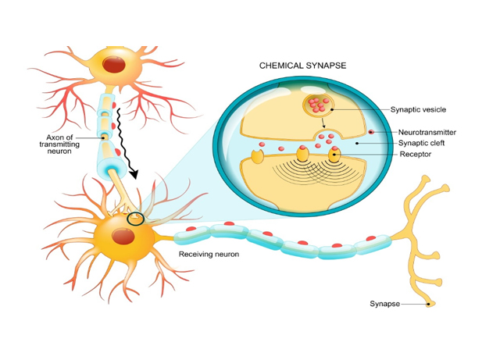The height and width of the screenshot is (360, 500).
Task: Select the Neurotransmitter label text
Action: point(427,133)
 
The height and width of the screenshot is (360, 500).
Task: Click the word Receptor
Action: point(415,155)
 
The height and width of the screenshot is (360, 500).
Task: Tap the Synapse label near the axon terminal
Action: point(384,304)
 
